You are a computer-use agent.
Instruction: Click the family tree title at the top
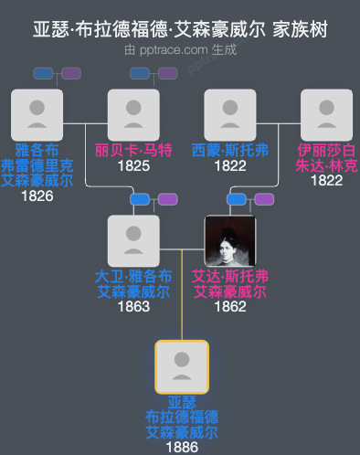click(x=180, y=29)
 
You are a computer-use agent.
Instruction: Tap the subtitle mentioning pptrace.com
click(x=180, y=49)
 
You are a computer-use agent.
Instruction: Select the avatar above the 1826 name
click(x=37, y=115)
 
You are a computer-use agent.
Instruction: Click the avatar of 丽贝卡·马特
click(x=133, y=115)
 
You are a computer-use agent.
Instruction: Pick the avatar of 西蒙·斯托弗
click(x=230, y=115)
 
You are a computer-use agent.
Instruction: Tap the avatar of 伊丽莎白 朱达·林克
click(x=326, y=115)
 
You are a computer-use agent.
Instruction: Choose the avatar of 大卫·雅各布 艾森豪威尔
click(x=133, y=241)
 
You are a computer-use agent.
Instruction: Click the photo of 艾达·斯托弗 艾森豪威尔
click(x=230, y=241)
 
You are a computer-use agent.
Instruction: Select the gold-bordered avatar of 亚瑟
click(x=182, y=367)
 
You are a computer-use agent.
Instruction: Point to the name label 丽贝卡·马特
click(x=133, y=150)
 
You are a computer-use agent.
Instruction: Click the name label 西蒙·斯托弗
click(x=230, y=150)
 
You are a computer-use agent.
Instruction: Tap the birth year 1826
click(x=37, y=196)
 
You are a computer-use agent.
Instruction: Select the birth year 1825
click(x=133, y=165)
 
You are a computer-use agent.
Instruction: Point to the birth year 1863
click(x=133, y=307)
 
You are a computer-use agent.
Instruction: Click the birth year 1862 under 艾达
click(x=230, y=307)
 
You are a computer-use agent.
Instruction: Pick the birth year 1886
click(x=182, y=447)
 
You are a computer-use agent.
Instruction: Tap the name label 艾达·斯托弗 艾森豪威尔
click(x=230, y=284)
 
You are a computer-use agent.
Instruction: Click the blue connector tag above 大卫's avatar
click(x=140, y=199)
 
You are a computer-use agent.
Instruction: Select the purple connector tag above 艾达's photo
click(x=264, y=199)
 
